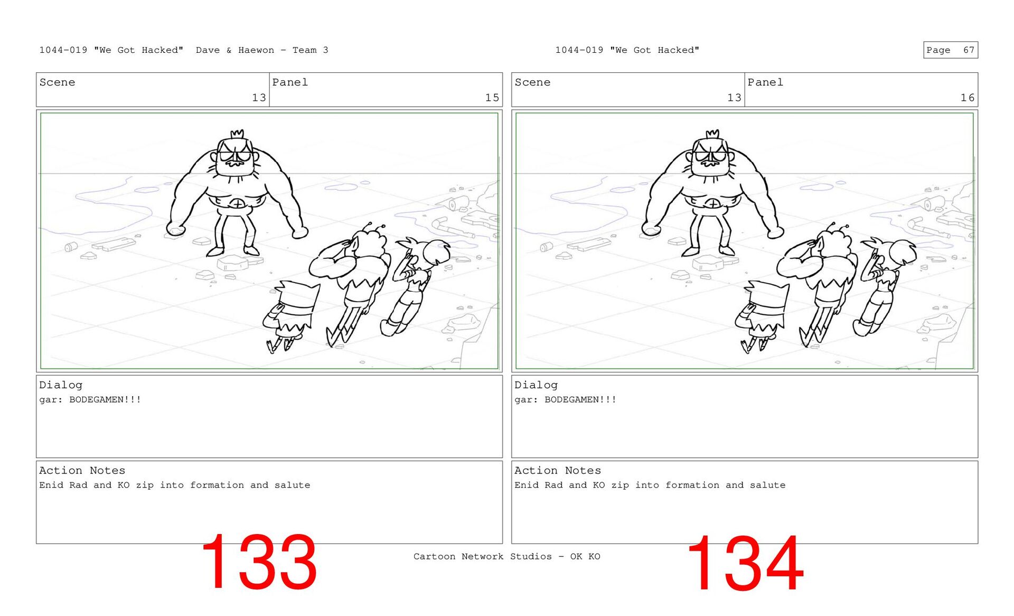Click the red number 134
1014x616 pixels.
[745, 563]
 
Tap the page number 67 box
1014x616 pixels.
[950, 50]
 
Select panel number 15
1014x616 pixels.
[492, 98]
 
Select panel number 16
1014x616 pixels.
[967, 98]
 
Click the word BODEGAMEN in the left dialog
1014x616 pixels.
[96, 399]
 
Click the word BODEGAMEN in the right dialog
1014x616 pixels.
[571, 399]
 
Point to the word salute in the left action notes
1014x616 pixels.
[292, 485]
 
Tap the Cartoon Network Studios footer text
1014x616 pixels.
[506, 556]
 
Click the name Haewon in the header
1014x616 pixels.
[256, 50]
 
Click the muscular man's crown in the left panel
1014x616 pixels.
[237, 134]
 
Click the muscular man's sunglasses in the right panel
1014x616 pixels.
[710, 156]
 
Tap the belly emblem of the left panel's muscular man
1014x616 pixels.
[238, 204]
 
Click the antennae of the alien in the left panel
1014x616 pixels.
[374, 228]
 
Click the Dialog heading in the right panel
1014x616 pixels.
[536, 385]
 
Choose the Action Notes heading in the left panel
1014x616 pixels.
[82, 471]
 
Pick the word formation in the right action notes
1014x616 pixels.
[692, 485]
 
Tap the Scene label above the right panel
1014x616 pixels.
[532, 82]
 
